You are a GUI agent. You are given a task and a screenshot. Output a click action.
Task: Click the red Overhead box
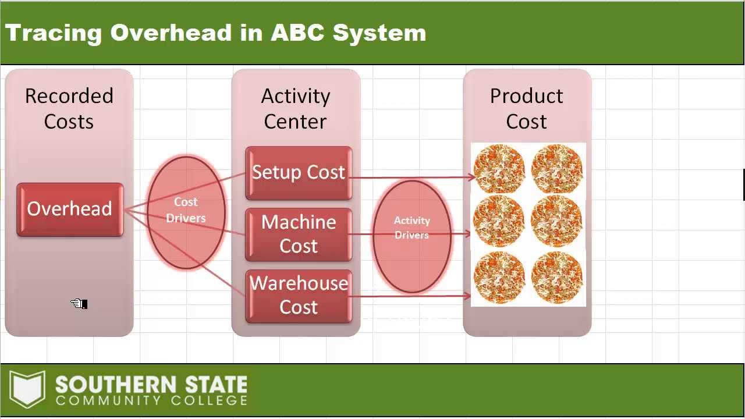[x=70, y=210]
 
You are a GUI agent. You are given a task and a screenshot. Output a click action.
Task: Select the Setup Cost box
[x=299, y=173]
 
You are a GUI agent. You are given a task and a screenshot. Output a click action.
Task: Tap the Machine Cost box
[x=299, y=234]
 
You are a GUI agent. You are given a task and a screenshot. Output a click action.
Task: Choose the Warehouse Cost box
[x=299, y=295]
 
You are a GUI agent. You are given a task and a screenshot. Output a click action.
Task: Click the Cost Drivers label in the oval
[x=186, y=210]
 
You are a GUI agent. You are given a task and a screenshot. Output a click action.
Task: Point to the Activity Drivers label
[x=411, y=228]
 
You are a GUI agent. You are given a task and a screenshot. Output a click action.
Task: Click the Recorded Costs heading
[x=69, y=109]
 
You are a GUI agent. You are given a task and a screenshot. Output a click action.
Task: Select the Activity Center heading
[x=296, y=109]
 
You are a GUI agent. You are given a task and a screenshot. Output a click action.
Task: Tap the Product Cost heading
[x=527, y=109]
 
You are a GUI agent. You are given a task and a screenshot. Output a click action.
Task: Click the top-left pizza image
[x=499, y=169]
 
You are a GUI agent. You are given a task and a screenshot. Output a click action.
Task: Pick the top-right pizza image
[x=557, y=169]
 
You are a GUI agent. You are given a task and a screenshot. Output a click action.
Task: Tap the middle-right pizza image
[x=557, y=221]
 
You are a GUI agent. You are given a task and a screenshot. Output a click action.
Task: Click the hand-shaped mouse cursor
[x=79, y=304]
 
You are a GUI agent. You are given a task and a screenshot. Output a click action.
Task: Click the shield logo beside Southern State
[x=27, y=389]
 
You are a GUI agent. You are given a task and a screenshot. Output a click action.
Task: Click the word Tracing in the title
[x=54, y=33]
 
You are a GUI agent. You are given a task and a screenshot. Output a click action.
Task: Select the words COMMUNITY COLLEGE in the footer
[x=151, y=400]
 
